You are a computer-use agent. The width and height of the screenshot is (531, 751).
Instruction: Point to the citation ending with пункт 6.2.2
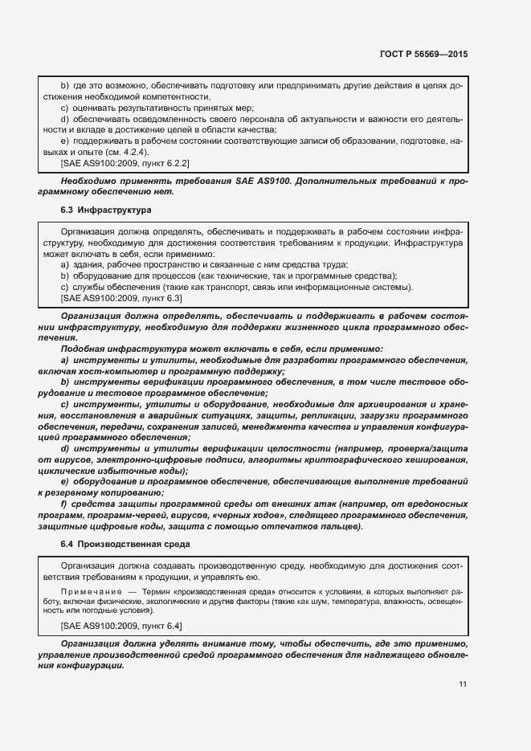pyautogui.click(x=120, y=162)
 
